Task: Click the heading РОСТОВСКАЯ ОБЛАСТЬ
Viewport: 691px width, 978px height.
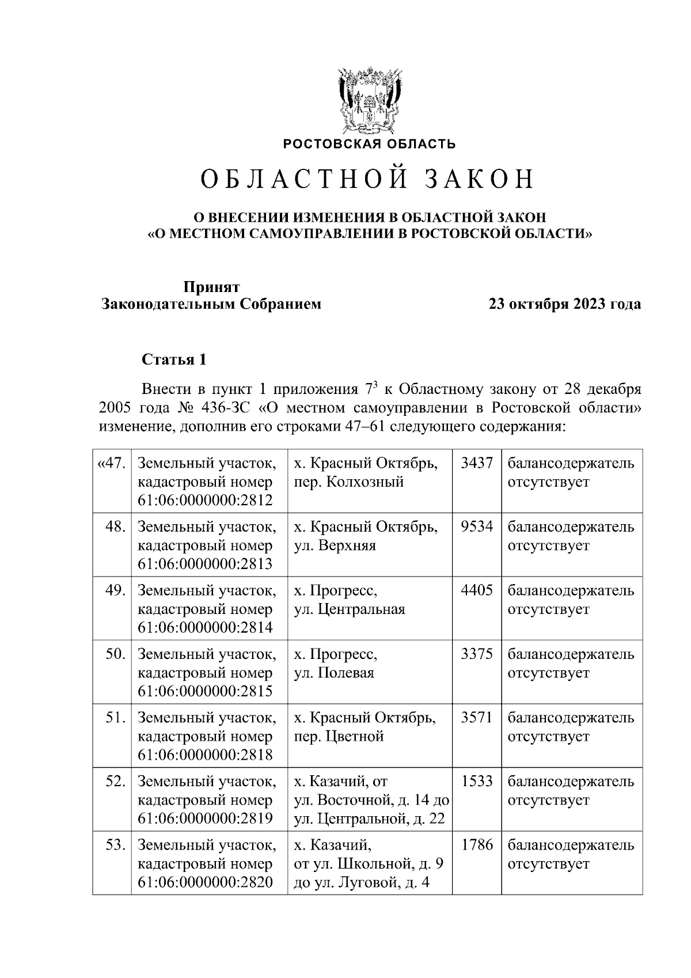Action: tap(369, 143)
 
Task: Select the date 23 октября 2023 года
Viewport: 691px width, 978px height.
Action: tap(564, 304)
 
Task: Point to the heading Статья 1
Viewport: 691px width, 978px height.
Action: tap(174, 360)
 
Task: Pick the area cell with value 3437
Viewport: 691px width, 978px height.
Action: tap(477, 463)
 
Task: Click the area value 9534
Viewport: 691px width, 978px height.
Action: tap(477, 527)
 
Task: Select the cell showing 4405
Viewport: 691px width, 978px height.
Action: tap(477, 591)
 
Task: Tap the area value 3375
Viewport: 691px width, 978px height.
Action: tap(477, 655)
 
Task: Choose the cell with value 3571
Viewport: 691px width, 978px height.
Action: tap(477, 718)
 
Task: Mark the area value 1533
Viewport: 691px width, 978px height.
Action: tap(477, 782)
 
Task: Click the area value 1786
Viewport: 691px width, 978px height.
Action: tap(477, 846)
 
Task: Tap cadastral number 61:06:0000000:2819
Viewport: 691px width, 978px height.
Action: tap(206, 818)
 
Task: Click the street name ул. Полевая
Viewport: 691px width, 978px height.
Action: tap(334, 673)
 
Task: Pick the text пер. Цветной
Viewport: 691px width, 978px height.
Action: tap(339, 737)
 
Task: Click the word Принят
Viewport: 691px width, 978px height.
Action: tap(211, 287)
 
